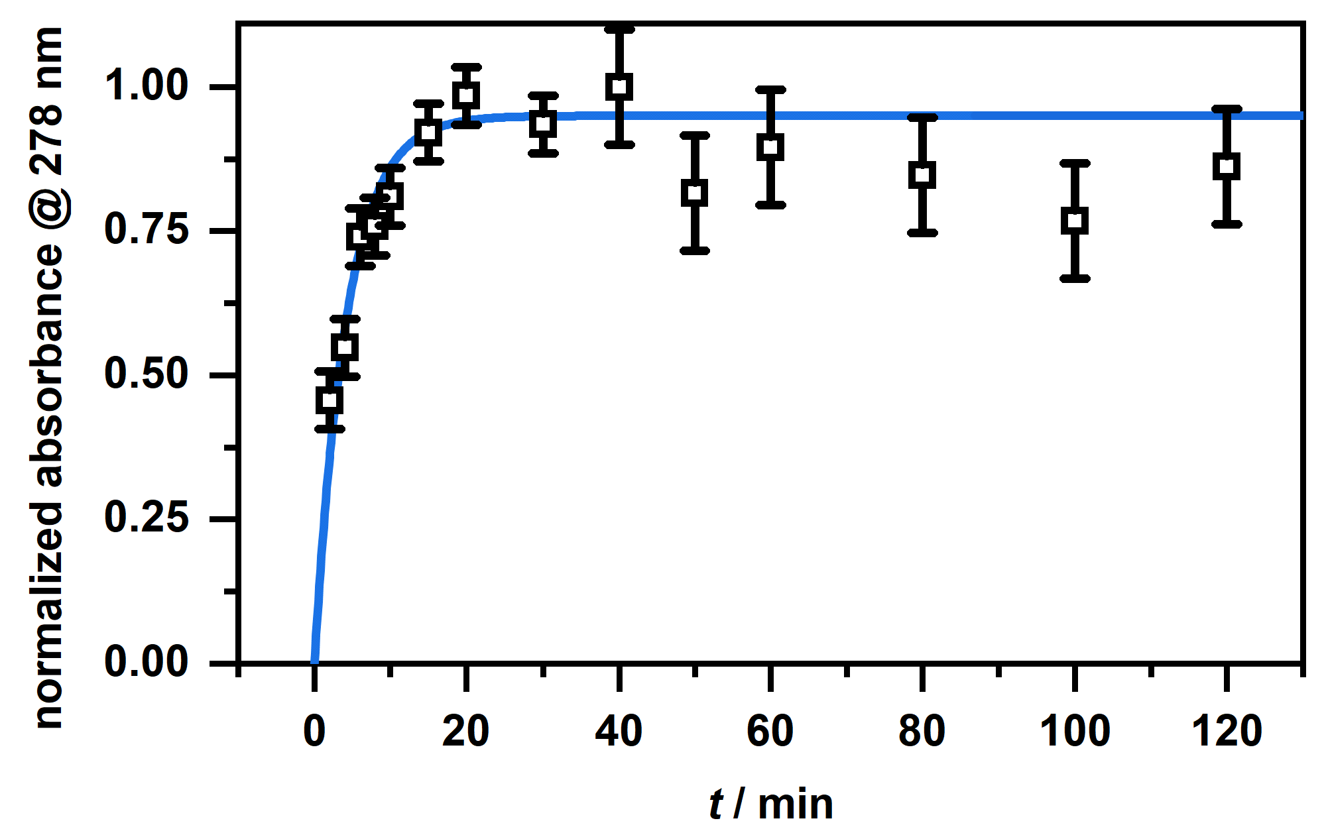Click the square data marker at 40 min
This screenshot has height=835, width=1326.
pyautogui.click(x=619, y=87)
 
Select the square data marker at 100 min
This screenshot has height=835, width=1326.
pyautogui.click(x=1075, y=221)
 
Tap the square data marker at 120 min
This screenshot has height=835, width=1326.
pyautogui.click(x=1227, y=166)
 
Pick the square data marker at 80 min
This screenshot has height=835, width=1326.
pyautogui.click(x=922, y=176)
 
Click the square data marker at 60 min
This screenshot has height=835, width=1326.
pyautogui.click(x=770, y=147)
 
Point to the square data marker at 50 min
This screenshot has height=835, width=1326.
pyautogui.click(x=694, y=193)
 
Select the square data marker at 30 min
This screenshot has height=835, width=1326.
pyautogui.click(x=543, y=124)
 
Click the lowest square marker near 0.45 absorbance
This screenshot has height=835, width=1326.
pyautogui.click(x=330, y=400)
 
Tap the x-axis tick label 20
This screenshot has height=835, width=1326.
pyautogui.click(x=466, y=732)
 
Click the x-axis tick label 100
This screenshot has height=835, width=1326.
pyautogui.click(x=1075, y=732)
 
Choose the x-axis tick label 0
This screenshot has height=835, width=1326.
pyautogui.click(x=314, y=732)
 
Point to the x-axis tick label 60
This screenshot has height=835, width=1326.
pyautogui.click(x=770, y=732)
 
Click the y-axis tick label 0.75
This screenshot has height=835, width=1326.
pyautogui.click(x=147, y=230)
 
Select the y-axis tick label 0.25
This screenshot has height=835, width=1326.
pyautogui.click(x=147, y=518)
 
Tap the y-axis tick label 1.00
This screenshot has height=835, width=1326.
pyautogui.click(x=147, y=86)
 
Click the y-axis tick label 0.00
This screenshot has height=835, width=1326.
pyautogui.click(x=147, y=661)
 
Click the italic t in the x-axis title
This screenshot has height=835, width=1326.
pyautogui.click(x=716, y=805)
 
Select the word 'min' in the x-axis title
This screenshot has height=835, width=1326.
pyautogui.click(x=795, y=805)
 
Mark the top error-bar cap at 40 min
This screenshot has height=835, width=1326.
pyautogui.click(x=619, y=29)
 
